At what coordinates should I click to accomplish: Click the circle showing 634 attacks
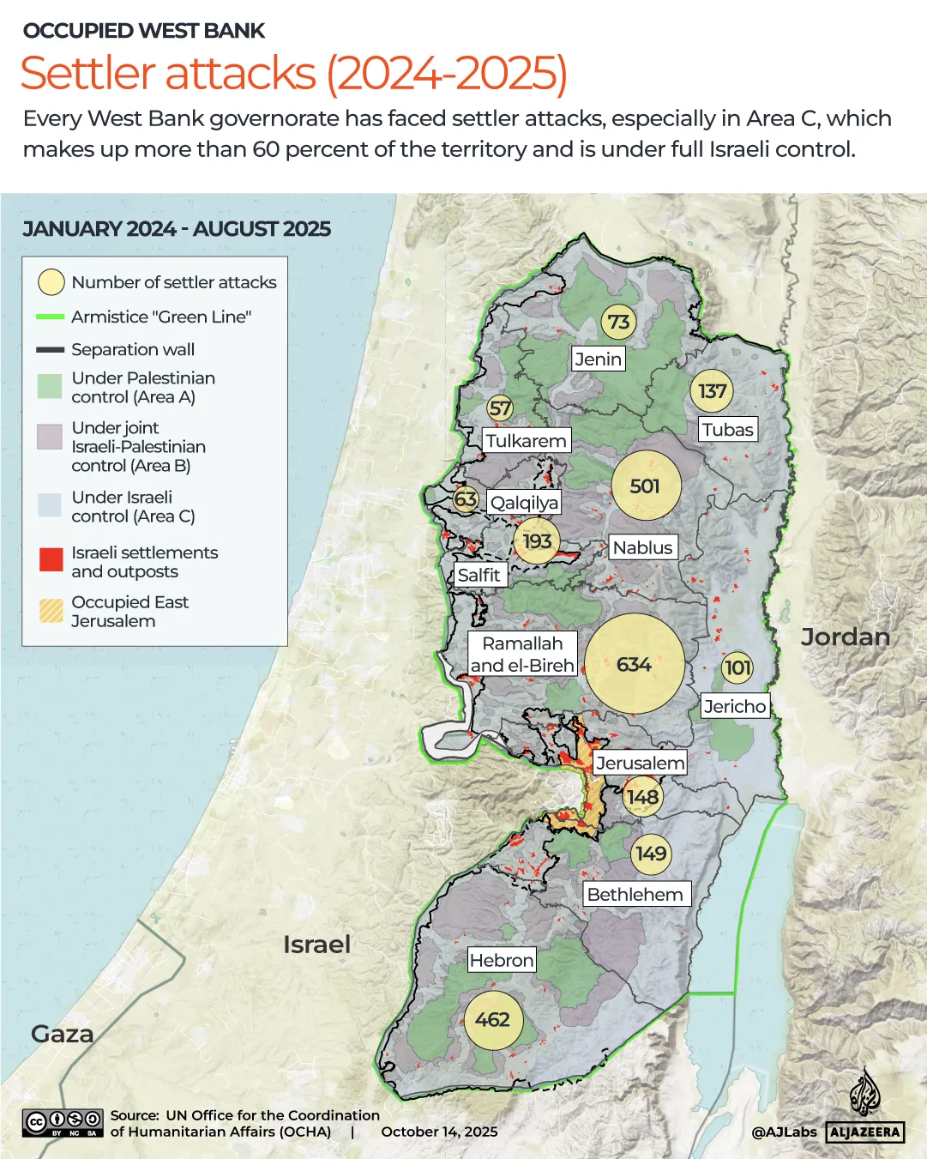pyautogui.click(x=635, y=664)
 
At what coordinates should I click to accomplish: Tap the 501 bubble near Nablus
pyautogui.click(x=646, y=486)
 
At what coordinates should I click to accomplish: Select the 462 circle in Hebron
pyautogui.click(x=492, y=1019)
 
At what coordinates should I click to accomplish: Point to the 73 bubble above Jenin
pyautogui.click(x=618, y=322)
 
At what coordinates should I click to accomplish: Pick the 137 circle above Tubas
pyautogui.click(x=712, y=391)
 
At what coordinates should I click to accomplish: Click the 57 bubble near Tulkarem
pyautogui.click(x=500, y=408)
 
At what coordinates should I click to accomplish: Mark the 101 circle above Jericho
pyautogui.click(x=737, y=667)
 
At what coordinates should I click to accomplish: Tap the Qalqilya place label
pyautogui.click(x=524, y=503)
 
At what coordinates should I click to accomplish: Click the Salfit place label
pyautogui.click(x=479, y=575)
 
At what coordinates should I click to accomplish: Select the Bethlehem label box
pyautogui.click(x=635, y=894)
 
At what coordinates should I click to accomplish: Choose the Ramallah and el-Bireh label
pyautogui.click(x=522, y=654)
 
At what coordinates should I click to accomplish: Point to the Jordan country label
pyautogui.click(x=845, y=637)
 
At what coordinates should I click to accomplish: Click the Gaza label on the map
pyautogui.click(x=62, y=1034)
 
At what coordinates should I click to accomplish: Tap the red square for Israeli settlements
pyautogui.click(x=51, y=560)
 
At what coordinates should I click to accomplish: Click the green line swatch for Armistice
pyautogui.click(x=51, y=317)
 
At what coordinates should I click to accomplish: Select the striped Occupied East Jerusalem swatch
pyautogui.click(x=51, y=610)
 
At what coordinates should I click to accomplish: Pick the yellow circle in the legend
pyautogui.click(x=51, y=281)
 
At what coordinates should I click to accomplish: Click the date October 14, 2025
pyautogui.click(x=439, y=1132)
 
